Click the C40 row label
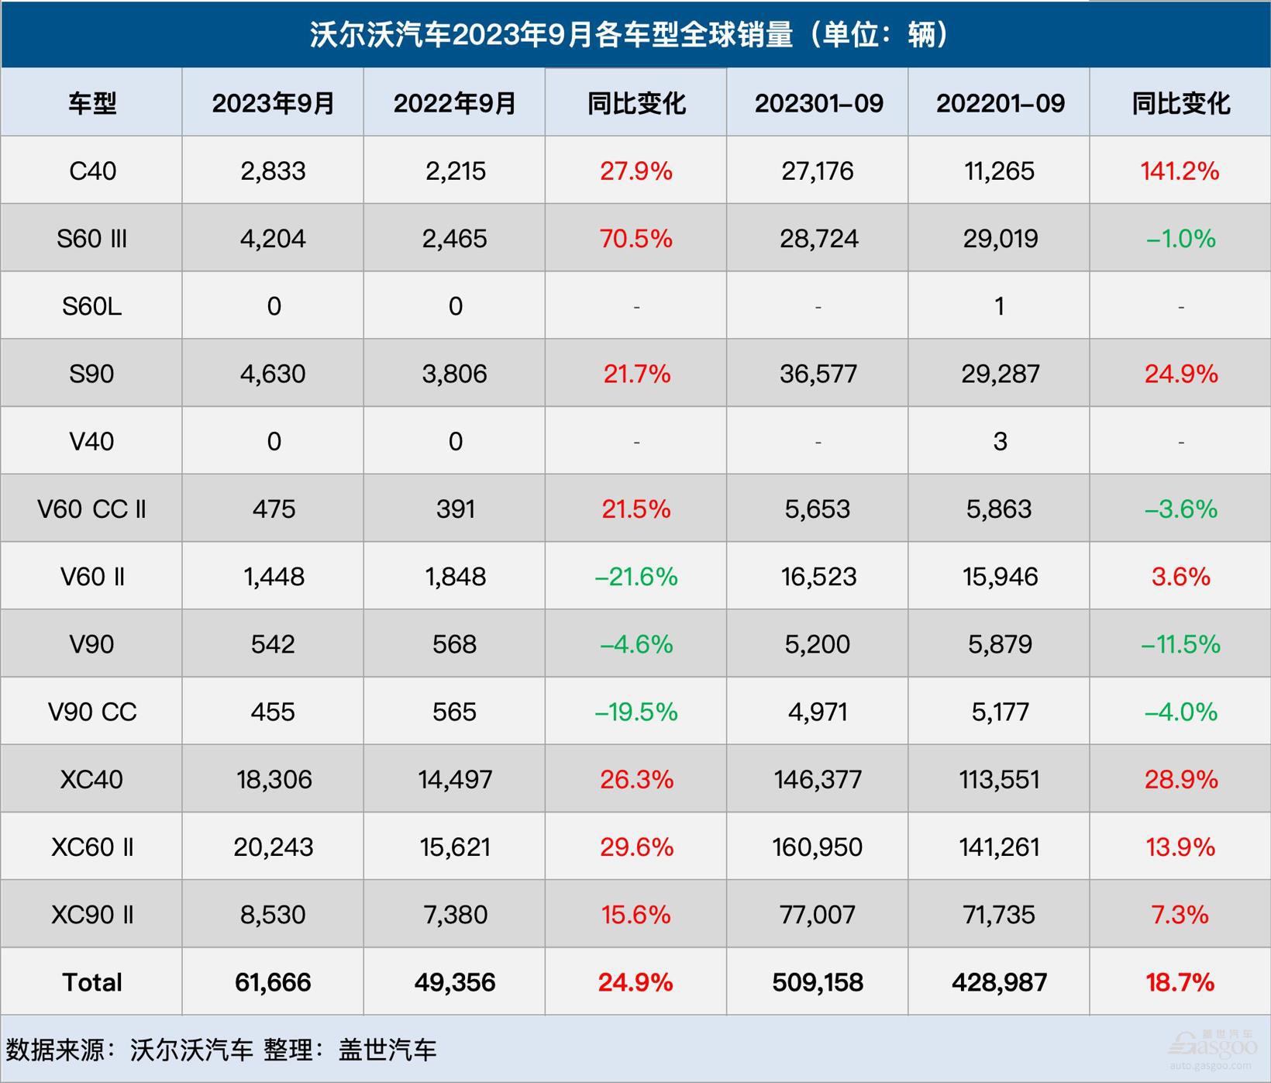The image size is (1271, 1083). [x=92, y=171]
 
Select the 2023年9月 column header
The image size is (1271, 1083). [x=273, y=103]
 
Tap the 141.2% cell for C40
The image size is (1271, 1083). [x=1180, y=171]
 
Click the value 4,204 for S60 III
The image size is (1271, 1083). [x=273, y=238]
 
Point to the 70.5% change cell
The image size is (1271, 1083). [x=635, y=238]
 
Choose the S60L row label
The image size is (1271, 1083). [x=92, y=306]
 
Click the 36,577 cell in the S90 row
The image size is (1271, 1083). [x=818, y=374]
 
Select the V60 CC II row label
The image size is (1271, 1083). [x=92, y=509]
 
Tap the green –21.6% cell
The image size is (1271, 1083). [x=635, y=577]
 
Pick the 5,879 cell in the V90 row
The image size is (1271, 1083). [x=1000, y=644]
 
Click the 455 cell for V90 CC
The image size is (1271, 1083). [x=273, y=712]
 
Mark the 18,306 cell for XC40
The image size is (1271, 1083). [x=274, y=779]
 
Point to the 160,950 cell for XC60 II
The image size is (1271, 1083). [x=818, y=847]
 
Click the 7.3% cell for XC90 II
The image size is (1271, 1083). [x=1180, y=915]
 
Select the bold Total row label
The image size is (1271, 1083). [x=92, y=982]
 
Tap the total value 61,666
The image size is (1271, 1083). [x=273, y=982]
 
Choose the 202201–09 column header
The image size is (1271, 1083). [x=1000, y=103]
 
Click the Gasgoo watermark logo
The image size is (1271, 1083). [x=1213, y=1047]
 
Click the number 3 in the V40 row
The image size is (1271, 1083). [x=1000, y=442]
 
